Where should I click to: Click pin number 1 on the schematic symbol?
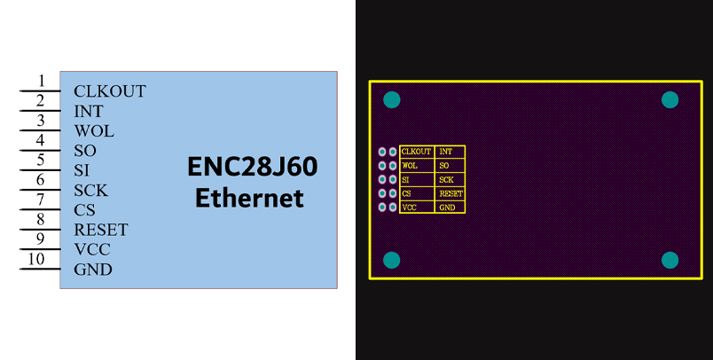pyautogui.click(x=41, y=82)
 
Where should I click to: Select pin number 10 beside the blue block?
pyautogui.click(x=36, y=259)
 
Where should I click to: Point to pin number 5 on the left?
pyautogui.click(x=41, y=160)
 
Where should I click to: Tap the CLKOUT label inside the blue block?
pyautogui.click(x=109, y=91)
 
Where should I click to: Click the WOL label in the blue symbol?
pyautogui.click(x=93, y=131)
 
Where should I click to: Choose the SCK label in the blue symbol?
pyautogui.click(x=91, y=191)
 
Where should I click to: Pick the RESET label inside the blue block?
pyautogui.click(x=100, y=230)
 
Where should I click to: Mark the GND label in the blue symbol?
pyautogui.click(x=92, y=270)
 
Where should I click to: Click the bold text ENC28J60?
pyautogui.click(x=252, y=167)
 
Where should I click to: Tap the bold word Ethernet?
pyautogui.click(x=249, y=198)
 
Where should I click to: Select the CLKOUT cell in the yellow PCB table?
pyautogui.click(x=416, y=152)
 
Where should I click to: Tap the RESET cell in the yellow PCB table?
pyautogui.click(x=451, y=193)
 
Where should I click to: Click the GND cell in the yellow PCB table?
pyautogui.click(x=447, y=207)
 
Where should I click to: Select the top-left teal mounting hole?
pyautogui.click(x=391, y=100)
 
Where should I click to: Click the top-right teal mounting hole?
pyautogui.click(x=670, y=100)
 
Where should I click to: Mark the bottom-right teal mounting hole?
pyautogui.click(x=670, y=260)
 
